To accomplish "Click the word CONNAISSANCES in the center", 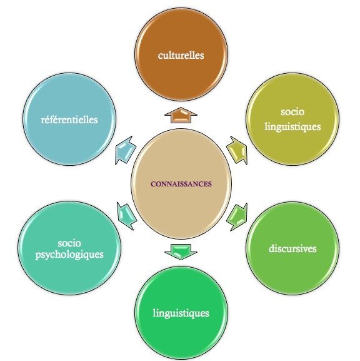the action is (x=181, y=184).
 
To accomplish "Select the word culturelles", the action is (x=181, y=55).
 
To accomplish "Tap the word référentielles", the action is (x=69, y=119).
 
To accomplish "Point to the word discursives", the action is (x=292, y=248).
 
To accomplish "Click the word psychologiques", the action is (x=69, y=255).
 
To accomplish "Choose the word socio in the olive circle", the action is (x=292, y=112).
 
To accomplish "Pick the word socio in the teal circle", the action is (x=69, y=243).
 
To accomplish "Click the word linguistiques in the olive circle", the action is (x=292, y=127).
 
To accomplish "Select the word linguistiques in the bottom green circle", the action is (x=181, y=313).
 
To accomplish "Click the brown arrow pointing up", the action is (x=181, y=115).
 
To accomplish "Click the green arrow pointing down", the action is (x=181, y=252).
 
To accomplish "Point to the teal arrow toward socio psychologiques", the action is (x=126, y=216).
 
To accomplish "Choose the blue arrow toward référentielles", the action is (x=126, y=150).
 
